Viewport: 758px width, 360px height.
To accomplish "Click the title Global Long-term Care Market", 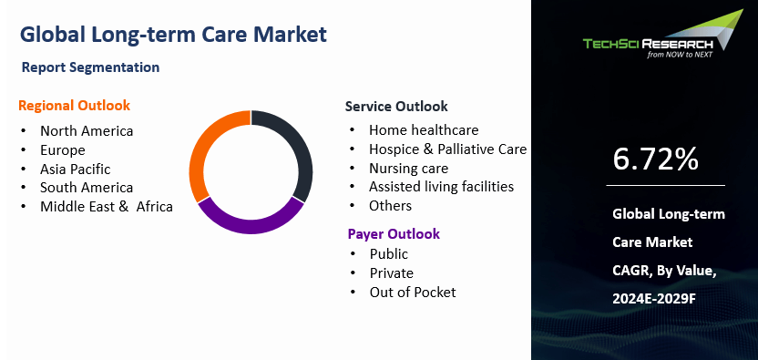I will [x=172, y=35].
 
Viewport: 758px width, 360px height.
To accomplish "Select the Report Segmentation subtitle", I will [x=90, y=67].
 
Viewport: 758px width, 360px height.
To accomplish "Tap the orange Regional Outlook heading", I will [x=74, y=106].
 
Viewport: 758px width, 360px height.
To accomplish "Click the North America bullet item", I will [x=87, y=130].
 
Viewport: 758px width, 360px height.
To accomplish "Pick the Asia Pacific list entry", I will [x=75, y=169].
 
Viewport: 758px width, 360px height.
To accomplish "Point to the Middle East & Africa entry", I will [x=106, y=206].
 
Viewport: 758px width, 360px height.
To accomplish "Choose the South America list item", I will [x=87, y=188].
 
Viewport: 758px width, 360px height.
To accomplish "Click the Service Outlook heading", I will [x=395, y=106].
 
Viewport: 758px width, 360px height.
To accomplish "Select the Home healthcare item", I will [x=423, y=130].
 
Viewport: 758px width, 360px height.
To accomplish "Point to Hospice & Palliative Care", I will [x=447, y=149].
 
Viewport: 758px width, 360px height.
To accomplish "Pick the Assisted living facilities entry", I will [x=441, y=187].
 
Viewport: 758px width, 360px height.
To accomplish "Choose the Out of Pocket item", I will [x=412, y=292].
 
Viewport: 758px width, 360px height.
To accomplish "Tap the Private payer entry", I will [x=391, y=273].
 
